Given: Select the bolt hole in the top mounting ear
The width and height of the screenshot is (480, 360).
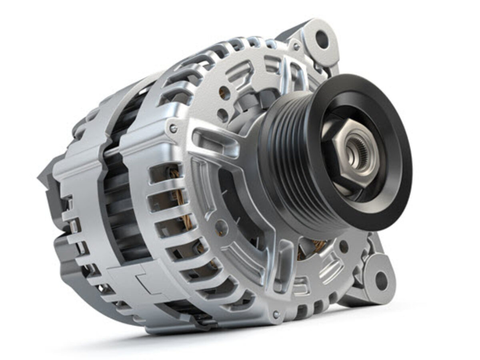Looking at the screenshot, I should click(322, 39).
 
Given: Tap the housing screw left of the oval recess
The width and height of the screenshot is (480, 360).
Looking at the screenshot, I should click(173, 128).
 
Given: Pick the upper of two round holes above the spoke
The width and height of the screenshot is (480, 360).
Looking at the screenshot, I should click(225, 93).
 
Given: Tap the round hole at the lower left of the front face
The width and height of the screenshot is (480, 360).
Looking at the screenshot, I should click(221, 228).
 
